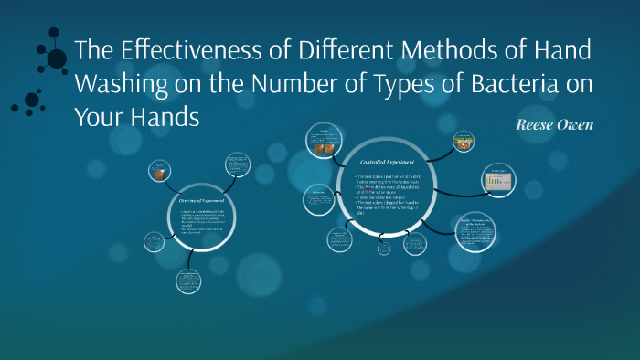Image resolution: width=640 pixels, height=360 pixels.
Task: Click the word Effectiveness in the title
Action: click(x=179, y=52)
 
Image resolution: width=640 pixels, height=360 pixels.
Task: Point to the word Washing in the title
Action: click(x=119, y=85)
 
